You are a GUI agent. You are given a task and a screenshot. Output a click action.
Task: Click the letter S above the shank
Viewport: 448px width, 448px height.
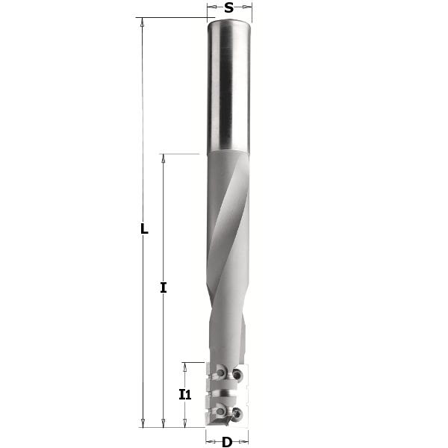pos(228,8)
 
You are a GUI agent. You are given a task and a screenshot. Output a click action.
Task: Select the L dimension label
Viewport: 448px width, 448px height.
pos(145,229)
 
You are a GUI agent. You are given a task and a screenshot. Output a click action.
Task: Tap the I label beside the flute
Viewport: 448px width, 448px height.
pos(164,287)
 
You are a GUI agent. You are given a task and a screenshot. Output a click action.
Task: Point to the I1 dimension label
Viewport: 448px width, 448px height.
pos(185,395)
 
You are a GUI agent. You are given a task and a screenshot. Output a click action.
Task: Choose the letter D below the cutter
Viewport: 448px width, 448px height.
pos(227,442)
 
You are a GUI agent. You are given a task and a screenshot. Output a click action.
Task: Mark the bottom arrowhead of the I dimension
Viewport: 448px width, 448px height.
pos(164,423)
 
